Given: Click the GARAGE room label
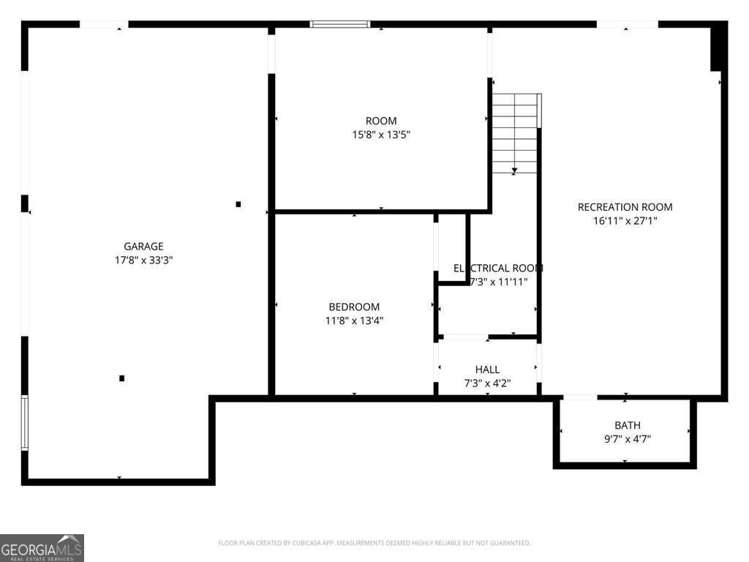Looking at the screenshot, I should [x=143, y=247].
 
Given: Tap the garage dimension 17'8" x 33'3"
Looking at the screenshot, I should [x=143, y=260].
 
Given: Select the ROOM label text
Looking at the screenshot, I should [x=381, y=121].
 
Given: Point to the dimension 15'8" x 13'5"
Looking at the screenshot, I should [x=381, y=135].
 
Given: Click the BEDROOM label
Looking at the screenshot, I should [x=354, y=307].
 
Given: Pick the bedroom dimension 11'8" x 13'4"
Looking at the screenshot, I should [x=354, y=321].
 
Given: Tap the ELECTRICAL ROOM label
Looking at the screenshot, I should [x=498, y=269].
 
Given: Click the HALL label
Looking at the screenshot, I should [x=487, y=370].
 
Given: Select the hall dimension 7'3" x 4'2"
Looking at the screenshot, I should [x=487, y=383].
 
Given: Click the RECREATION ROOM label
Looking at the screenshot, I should [x=625, y=207].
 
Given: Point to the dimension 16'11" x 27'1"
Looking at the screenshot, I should [x=625, y=220].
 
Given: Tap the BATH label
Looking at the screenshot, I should [x=627, y=425].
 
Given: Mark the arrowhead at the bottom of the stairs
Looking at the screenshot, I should [x=515, y=171].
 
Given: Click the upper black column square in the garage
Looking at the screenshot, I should [x=238, y=204].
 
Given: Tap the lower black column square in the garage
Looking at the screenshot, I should [x=122, y=378].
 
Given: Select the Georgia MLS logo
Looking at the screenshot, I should [x=42, y=547].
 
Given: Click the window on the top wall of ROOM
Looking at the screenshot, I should [x=340, y=24].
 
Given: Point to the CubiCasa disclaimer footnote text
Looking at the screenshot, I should [x=374, y=543].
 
